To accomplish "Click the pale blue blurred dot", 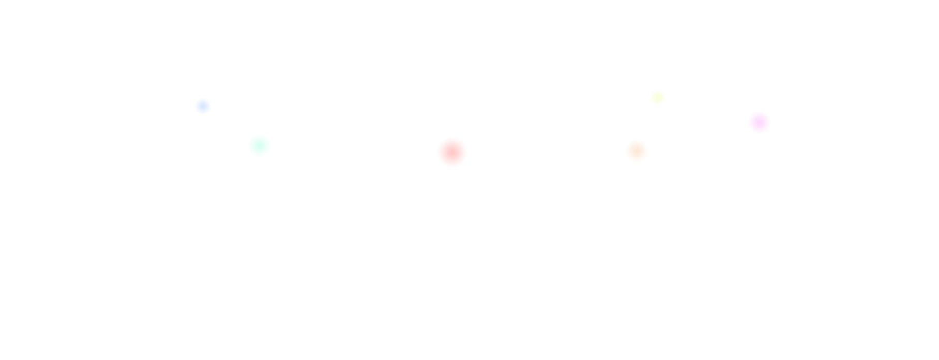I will pos(203,106).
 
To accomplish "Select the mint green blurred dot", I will pos(259,145).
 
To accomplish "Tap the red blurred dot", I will pos(452,152).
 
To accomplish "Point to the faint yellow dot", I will pos(658,97).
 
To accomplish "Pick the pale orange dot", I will pos(637,151).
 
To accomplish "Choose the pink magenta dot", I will pos(759,122).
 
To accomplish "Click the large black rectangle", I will pos(853,88).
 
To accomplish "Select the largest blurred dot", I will pos(452,152).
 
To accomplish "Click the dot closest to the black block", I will pos(759,122).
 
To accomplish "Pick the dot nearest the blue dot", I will pos(259,145).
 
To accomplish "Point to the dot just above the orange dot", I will pos(658,97).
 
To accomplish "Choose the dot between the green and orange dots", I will pos(452,152).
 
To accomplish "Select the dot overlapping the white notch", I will pos(759,122).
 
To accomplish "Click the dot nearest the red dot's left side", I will pos(259,145).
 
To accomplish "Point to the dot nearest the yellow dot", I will pos(637,151).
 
